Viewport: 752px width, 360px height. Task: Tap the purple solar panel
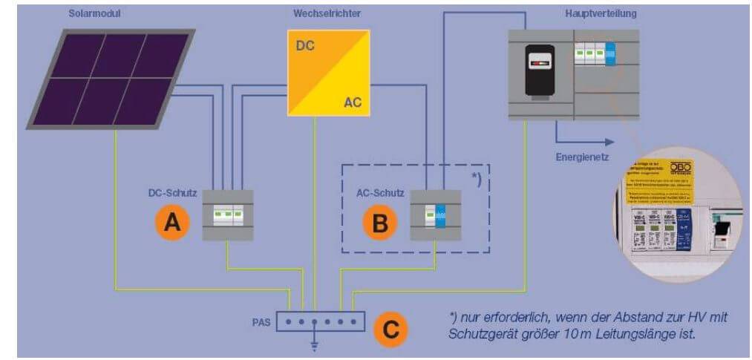pos(111,79)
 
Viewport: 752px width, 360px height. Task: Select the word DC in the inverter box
pos(305,45)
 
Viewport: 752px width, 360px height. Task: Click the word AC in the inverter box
pos(353,102)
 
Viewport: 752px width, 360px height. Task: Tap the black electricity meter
pos(546,71)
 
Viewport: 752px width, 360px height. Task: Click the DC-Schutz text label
pos(172,193)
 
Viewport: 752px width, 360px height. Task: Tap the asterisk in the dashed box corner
pos(476,179)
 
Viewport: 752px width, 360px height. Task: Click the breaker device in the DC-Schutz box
pos(228,215)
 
